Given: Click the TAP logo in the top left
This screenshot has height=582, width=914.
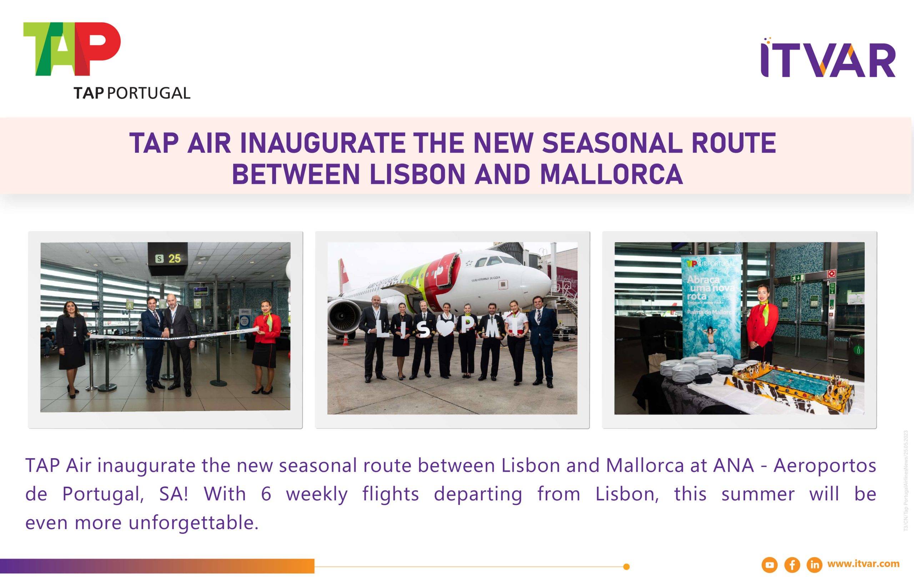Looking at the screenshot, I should pos(72,49).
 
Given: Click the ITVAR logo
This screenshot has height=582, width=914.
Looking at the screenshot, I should pos(828,59).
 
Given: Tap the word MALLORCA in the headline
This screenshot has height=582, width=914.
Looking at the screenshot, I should pos(611,174).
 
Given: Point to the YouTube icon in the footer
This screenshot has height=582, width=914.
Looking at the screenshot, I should pos(769,565).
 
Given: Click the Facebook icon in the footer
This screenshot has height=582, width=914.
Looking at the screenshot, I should pos(792,565).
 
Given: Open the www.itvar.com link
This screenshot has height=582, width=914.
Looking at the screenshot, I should pos(863,564).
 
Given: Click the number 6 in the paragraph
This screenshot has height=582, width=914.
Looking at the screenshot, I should pos(266,494).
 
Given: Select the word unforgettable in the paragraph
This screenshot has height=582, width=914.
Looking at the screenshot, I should pos(194,523).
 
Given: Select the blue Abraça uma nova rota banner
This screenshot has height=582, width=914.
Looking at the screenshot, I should pos(710,307).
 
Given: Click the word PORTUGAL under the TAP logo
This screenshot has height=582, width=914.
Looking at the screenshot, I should pos(149,93).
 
